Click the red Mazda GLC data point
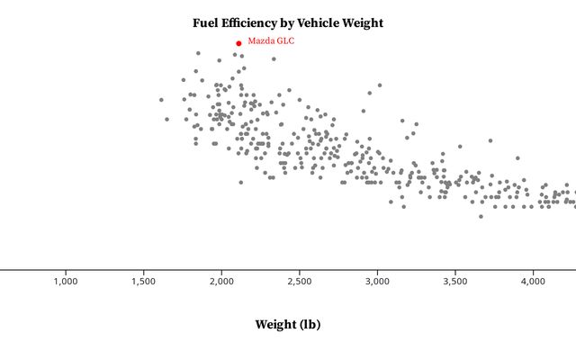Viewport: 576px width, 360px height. [238, 42]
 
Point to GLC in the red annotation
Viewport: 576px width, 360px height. [284, 40]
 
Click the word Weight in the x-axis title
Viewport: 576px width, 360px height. [274, 324]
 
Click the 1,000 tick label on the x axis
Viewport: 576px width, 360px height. [66, 282]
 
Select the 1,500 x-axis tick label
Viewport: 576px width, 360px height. [144, 282]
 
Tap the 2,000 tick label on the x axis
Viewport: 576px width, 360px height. [221, 282]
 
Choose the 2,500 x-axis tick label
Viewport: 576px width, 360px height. [300, 282]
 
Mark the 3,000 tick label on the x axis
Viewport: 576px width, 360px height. [378, 282]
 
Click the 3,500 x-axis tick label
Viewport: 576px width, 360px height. [455, 282]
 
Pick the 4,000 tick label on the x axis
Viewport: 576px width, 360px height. [534, 282]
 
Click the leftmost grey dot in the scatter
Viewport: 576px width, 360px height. [161, 100]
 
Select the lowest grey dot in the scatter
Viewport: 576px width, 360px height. [481, 216]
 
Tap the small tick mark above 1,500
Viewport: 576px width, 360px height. [144, 271]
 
